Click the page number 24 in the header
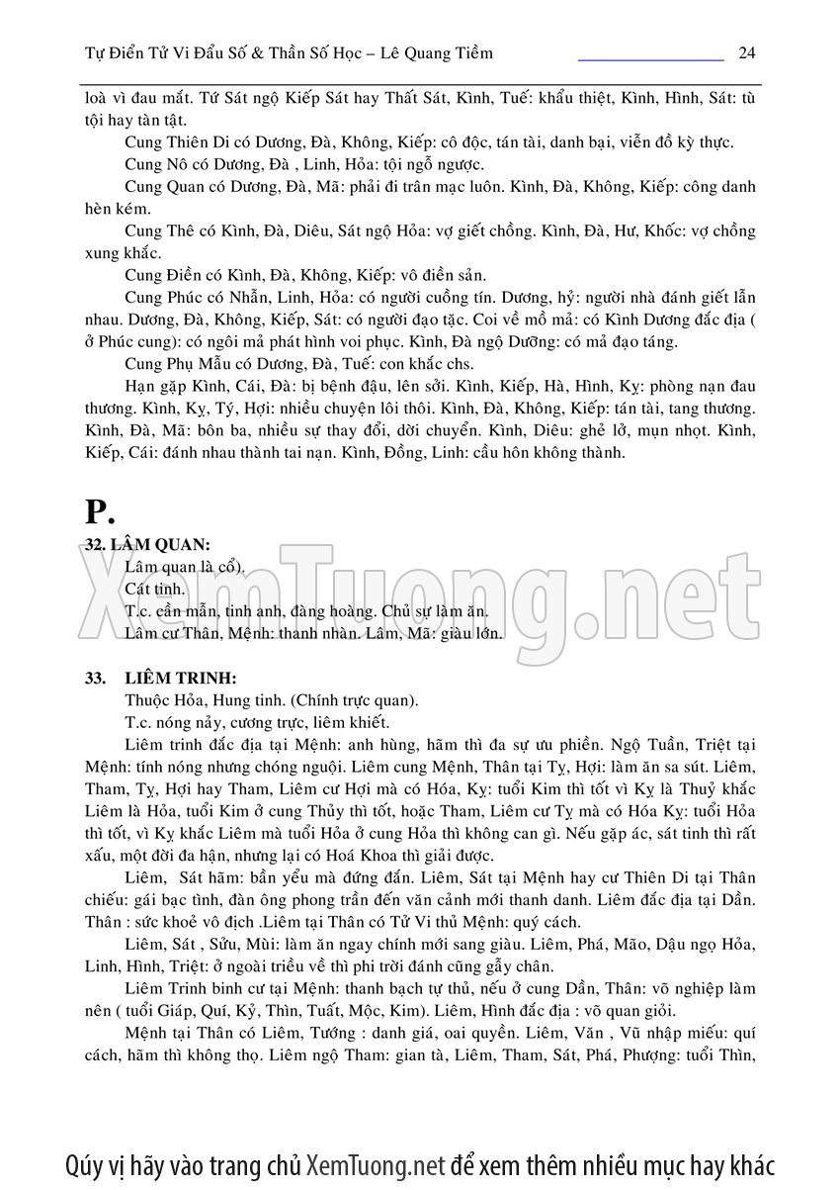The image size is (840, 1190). point(747,52)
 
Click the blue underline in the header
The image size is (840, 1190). point(650,60)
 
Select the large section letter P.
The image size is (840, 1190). point(100,511)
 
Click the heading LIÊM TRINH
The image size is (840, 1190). point(181,678)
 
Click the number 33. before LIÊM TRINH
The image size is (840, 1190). point(96,678)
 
